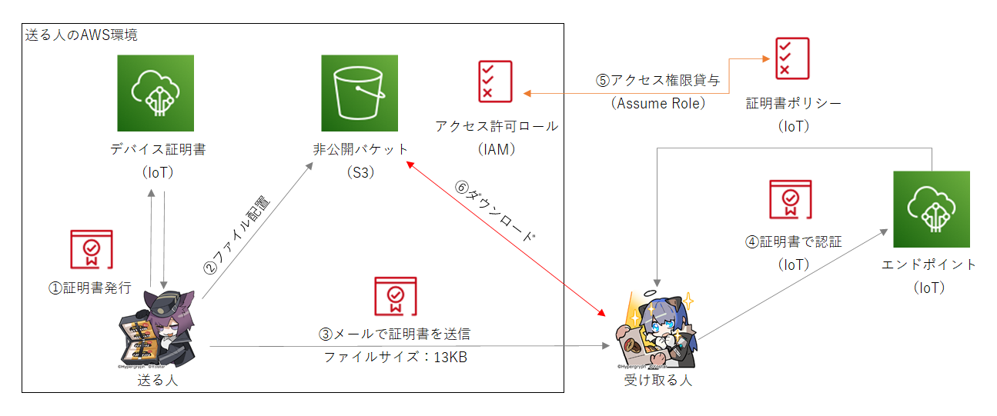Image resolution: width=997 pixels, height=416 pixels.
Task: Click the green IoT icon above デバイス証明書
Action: click(156, 93)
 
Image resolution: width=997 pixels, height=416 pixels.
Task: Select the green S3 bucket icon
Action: click(360, 93)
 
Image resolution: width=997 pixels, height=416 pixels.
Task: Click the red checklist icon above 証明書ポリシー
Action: click(792, 59)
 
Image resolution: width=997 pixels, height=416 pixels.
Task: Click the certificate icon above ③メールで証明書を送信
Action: click(395, 298)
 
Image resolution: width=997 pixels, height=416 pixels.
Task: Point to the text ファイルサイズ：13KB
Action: click(395, 358)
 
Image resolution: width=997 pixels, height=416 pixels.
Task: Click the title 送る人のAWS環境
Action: click(81, 35)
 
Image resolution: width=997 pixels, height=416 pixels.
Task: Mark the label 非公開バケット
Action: click(360, 148)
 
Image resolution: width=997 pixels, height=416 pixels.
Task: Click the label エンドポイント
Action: click(929, 265)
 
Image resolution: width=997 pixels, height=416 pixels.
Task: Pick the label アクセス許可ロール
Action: click(496, 126)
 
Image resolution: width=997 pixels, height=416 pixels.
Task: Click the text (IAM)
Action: click(496, 148)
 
